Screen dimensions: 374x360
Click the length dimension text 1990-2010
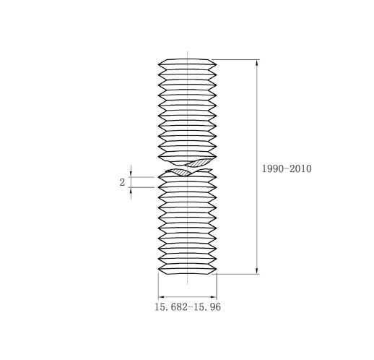[x=287, y=168]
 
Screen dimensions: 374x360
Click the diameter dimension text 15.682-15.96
[x=188, y=307]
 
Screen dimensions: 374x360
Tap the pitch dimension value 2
[x=122, y=182]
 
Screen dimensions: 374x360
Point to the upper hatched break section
[x=199, y=163]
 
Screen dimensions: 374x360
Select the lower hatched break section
[x=178, y=172]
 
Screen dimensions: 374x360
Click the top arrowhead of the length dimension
[x=257, y=63]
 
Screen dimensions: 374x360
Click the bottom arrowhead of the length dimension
[x=257, y=270]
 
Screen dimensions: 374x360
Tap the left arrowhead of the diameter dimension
[x=161, y=297]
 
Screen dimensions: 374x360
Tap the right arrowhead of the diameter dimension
[x=214, y=297]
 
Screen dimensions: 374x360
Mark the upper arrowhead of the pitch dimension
[x=131, y=174]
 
